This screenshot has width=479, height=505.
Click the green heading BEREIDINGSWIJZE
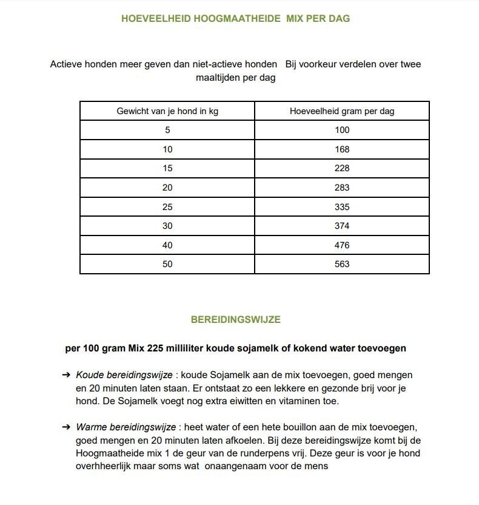[235, 319]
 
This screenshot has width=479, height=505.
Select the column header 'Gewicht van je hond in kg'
[167, 111]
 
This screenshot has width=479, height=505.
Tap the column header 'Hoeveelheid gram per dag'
[342, 111]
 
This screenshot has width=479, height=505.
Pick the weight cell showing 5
[167, 130]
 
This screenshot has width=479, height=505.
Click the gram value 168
[342, 149]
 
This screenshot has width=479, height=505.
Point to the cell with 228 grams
[342, 168]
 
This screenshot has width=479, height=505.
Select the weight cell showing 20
[167, 188]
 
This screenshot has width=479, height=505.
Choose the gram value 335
[342, 207]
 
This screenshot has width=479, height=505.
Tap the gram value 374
[342, 226]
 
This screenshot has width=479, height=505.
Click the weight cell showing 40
[167, 245]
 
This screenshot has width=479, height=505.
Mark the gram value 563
[342, 264]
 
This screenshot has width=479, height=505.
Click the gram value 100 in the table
[342, 130]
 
